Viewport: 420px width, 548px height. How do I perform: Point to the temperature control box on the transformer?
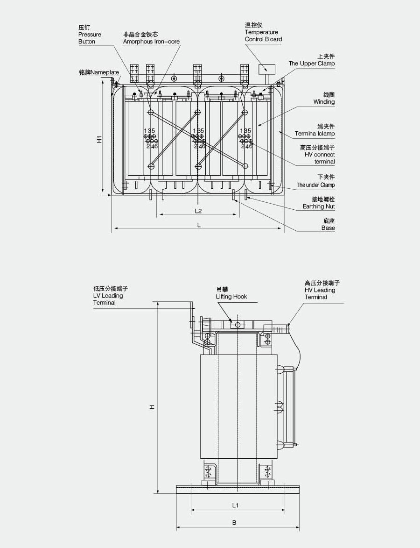click(x=266, y=69)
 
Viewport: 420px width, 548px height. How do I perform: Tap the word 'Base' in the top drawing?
click(x=328, y=228)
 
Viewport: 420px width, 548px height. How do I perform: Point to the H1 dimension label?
click(x=99, y=139)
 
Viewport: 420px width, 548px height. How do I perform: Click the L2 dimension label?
click(x=198, y=211)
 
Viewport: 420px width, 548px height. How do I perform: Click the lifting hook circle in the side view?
click(x=238, y=325)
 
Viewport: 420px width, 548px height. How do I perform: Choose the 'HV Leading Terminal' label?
click(x=322, y=290)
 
